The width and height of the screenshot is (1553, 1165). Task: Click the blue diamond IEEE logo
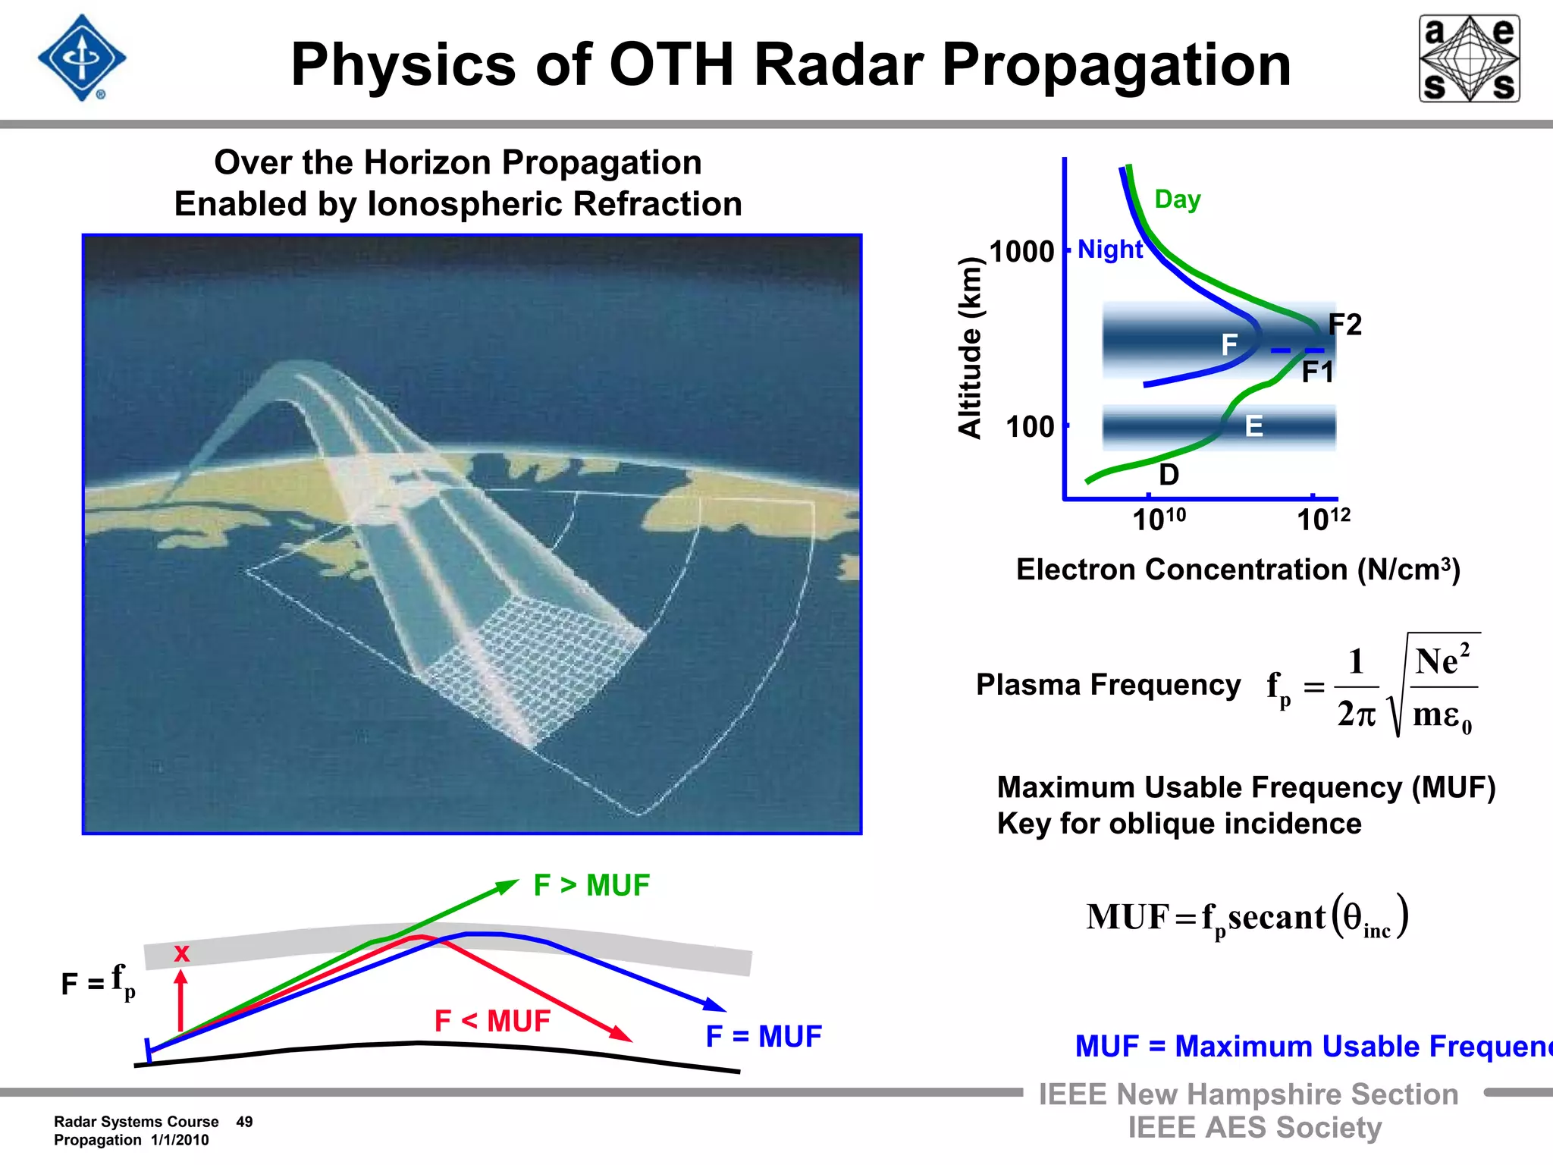click(82, 58)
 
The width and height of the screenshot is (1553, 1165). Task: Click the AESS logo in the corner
click(1469, 58)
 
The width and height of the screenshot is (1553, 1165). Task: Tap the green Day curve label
click(1177, 199)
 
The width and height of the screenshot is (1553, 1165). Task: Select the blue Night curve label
click(1109, 250)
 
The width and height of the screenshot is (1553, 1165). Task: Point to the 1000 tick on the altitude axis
click(1022, 251)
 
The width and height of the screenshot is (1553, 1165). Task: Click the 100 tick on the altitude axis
click(1030, 427)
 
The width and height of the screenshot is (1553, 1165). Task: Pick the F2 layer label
click(1345, 325)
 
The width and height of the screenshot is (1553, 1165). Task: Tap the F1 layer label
click(1317, 372)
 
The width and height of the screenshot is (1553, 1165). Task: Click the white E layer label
click(1254, 426)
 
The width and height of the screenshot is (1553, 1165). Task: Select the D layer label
click(1169, 475)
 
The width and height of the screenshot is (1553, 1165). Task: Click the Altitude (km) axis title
click(970, 347)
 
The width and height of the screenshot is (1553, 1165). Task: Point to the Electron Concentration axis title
click(1238, 570)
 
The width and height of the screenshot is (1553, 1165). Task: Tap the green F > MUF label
click(591, 885)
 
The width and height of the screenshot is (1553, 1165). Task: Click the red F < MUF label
click(492, 1021)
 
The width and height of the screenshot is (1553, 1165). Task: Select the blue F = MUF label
click(763, 1036)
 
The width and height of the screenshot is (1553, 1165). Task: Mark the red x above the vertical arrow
click(181, 953)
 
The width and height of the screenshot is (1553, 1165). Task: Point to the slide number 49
click(244, 1122)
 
